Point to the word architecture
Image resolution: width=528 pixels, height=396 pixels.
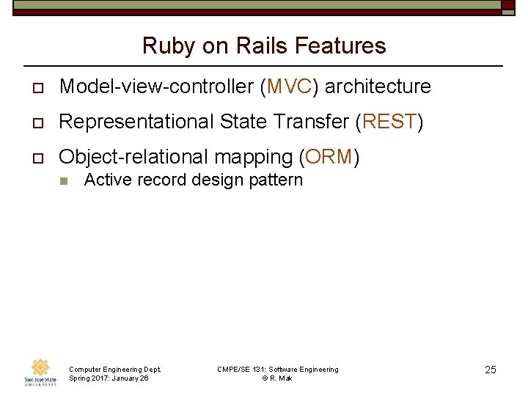(x=378, y=87)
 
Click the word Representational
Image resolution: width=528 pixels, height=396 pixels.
(x=139, y=122)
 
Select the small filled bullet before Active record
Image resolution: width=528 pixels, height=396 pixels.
(x=64, y=181)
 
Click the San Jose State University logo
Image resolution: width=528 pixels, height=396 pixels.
(x=40, y=373)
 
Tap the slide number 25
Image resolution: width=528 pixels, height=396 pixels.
(x=490, y=370)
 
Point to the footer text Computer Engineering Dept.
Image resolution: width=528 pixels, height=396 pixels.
(x=114, y=369)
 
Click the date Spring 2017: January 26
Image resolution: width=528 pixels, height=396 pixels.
(x=109, y=378)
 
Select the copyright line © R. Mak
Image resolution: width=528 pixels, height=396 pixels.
(x=277, y=378)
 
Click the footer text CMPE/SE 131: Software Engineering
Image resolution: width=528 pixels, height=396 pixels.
(x=278, y=369)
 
